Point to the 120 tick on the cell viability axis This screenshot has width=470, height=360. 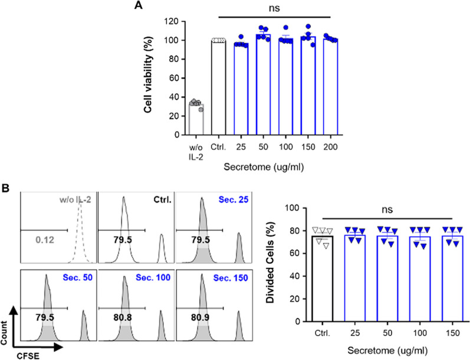pos(172,21)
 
